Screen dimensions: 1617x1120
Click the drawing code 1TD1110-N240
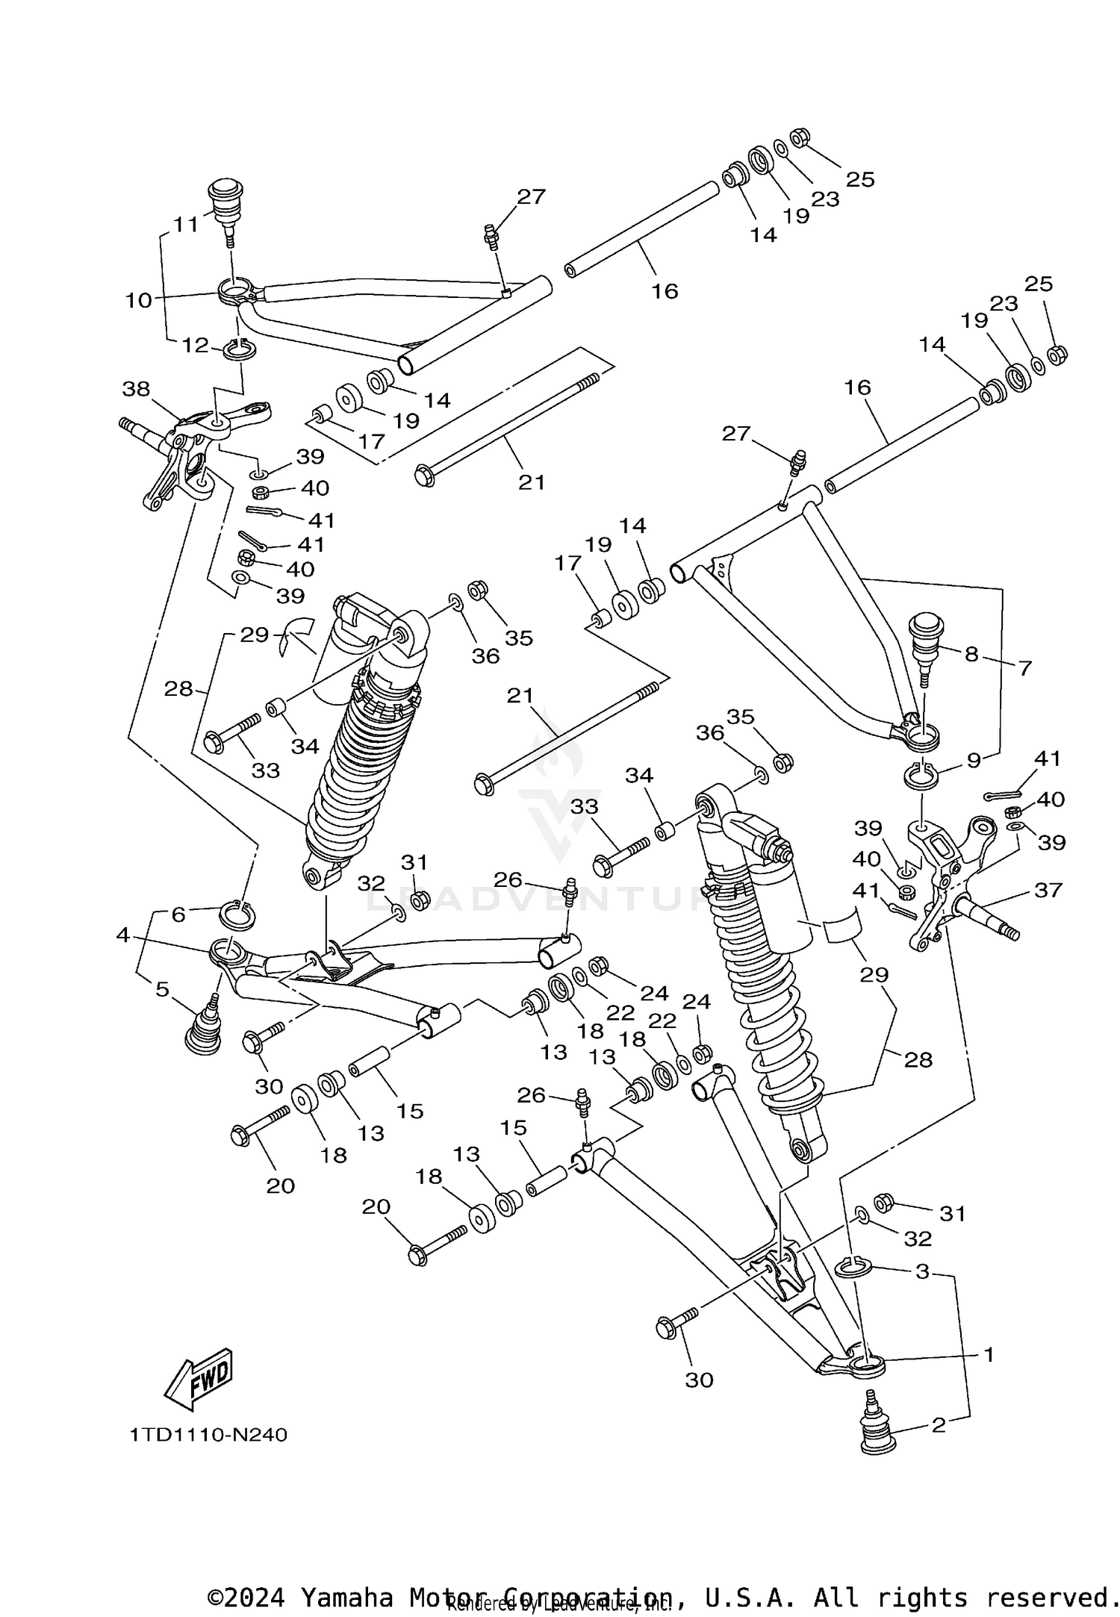coord(208,1435)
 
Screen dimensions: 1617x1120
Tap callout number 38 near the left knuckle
coord(137,389)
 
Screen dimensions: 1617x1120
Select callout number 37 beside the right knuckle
coord(1048,890)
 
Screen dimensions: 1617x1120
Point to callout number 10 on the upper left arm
coord(139,300)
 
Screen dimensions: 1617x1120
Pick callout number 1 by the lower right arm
coord(988,1353)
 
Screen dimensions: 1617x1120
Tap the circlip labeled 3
coord(851,1266)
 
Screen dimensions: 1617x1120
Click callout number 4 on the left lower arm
coord(123,935)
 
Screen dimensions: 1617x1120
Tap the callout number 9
coord(973,761)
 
